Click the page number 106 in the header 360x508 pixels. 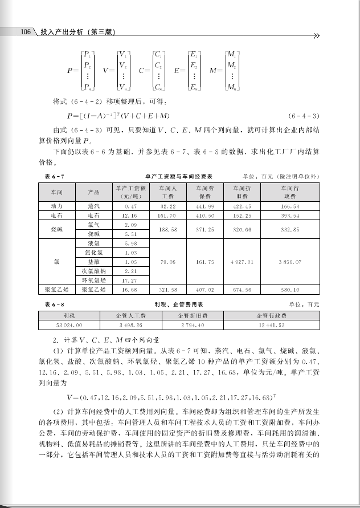pyautogui.click(x=25, y=32)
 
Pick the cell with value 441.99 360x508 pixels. pyautogui.click(x=204, y=206)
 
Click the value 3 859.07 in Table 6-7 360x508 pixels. pyautogui.click(x=290, y=262)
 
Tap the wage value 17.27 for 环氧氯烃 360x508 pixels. pyautogui.click(x=130, y=281)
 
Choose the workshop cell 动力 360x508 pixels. pyautogui.click(x=56, y=206)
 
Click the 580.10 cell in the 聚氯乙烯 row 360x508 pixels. pyautogui.click(x=290, y=290)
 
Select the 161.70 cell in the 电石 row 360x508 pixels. pyautogui.click(x=167, y=216)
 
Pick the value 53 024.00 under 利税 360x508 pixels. pyautogui.click(x=69, y=324)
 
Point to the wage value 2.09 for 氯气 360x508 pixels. pyautogui.click(x=130, y=225)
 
